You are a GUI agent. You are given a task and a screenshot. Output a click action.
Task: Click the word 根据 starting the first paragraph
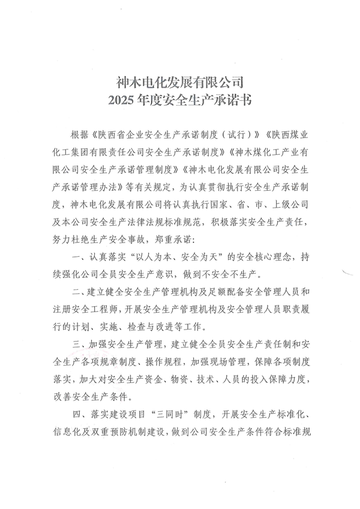coord(79,133)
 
